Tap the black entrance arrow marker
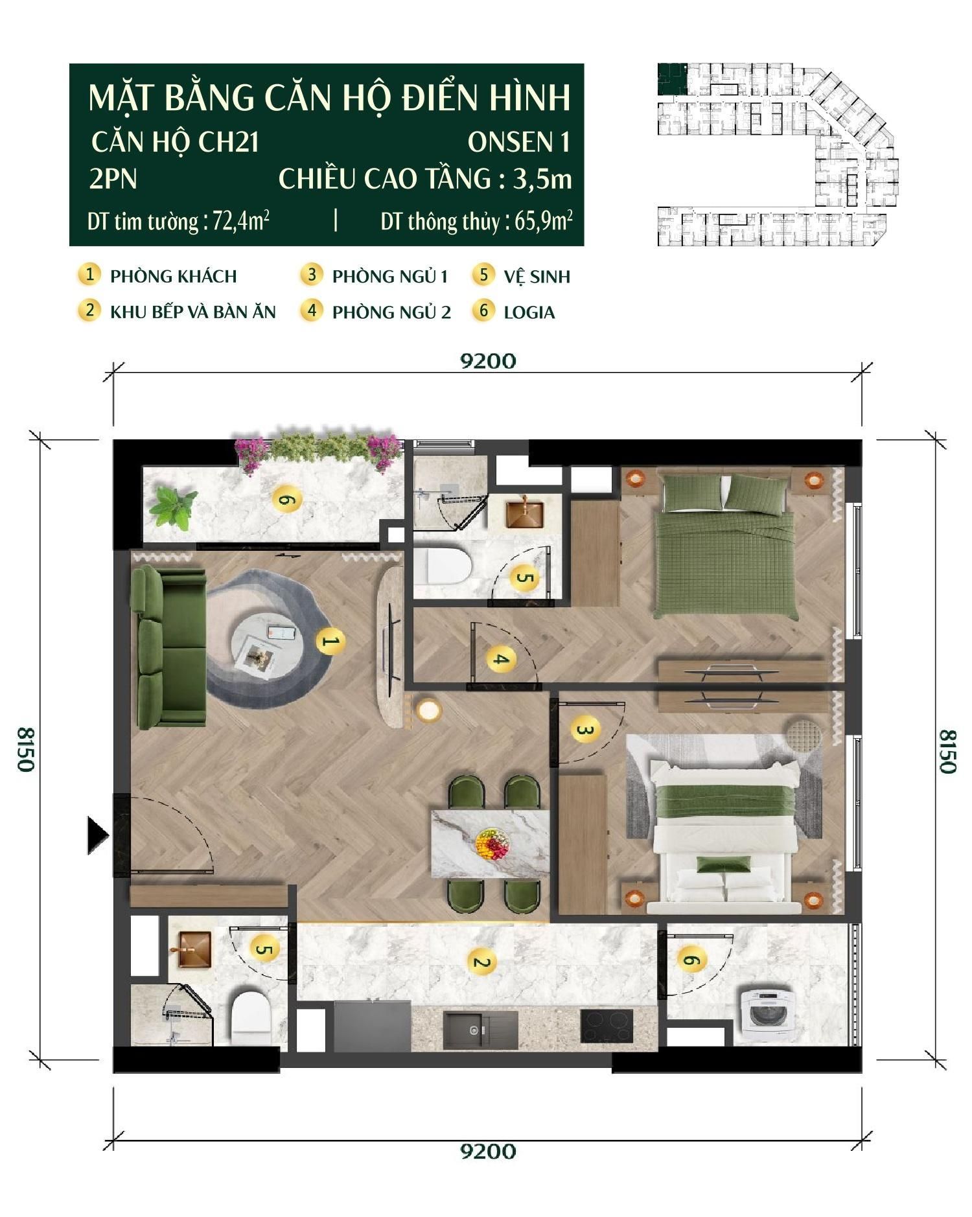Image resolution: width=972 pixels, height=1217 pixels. (x=98, y=835)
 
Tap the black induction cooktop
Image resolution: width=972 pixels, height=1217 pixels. (x=606, y=1026)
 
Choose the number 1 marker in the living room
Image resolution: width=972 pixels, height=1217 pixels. (x=330, y=642)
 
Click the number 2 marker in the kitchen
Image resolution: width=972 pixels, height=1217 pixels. (x=480, y=962)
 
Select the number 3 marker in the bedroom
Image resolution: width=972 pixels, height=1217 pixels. (x=585, y=730)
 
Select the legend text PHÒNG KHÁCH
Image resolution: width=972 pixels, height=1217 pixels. (x=173, y=277)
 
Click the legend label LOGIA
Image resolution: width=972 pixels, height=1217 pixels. (x=529, y=313)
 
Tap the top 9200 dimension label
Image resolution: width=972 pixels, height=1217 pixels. (x=488, y=361)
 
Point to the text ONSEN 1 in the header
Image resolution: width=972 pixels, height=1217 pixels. (x=518, y=143)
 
